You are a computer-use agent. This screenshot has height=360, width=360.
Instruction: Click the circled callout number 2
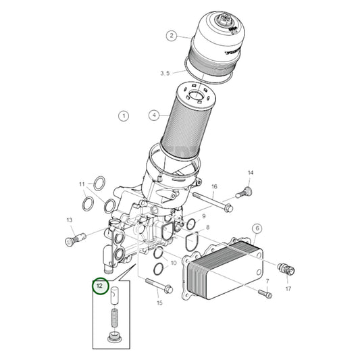point(172,35)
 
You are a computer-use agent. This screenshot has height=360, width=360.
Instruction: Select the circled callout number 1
point(124,116)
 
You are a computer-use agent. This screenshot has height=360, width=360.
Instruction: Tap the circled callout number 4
point(154,115)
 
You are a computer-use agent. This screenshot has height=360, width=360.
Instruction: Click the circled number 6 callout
point(257,228)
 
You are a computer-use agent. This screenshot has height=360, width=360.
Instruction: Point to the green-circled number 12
point(99,286)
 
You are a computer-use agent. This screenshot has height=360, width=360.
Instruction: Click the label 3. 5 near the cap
point(165,72)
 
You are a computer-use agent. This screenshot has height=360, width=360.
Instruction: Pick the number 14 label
point(249,173)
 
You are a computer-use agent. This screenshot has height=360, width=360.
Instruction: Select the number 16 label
point(214,186)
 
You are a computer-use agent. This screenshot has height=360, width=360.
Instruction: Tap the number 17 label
point(288,289)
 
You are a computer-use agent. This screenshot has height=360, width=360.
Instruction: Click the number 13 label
point(70,220)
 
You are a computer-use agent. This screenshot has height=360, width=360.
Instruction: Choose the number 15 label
point(159,303)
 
